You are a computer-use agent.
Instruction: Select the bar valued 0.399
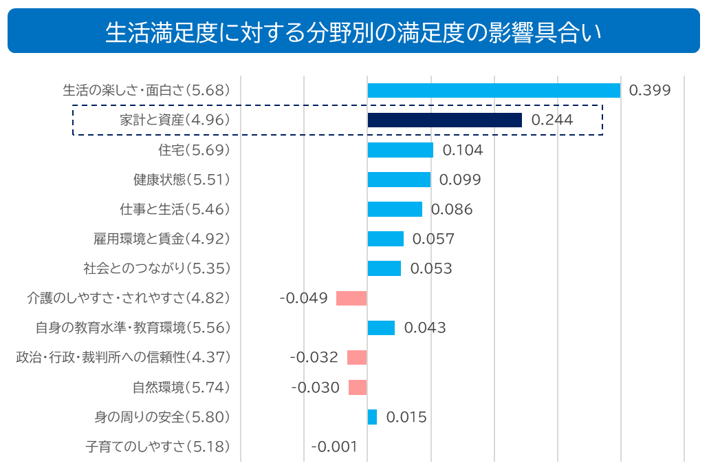tap(494, 91)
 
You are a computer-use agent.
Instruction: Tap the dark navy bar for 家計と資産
tap(444, 120)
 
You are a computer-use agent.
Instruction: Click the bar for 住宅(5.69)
tap(400, 150)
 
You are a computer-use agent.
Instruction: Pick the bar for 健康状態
tap(399, 180)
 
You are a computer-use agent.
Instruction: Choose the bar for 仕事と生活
tap(395, 209)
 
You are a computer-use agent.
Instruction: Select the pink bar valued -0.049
tap(351, 298)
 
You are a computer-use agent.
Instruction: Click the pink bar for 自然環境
tap(358, 387)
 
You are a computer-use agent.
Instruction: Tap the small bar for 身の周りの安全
tap(372, 417)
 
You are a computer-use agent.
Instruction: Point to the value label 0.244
tap(552, 120)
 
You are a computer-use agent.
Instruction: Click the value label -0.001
tap(334, 447)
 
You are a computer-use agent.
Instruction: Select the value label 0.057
tap(433, 239)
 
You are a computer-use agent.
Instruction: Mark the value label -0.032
tap(314, 358)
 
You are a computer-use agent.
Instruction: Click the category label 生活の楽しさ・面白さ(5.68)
tap(146, 91)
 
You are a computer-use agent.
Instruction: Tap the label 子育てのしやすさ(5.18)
tap(157, 447)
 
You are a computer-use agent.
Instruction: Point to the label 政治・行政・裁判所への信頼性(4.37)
tap(122, 358)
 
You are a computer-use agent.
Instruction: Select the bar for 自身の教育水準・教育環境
tap(381, 328)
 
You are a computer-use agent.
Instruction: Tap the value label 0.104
tap(462, 150)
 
